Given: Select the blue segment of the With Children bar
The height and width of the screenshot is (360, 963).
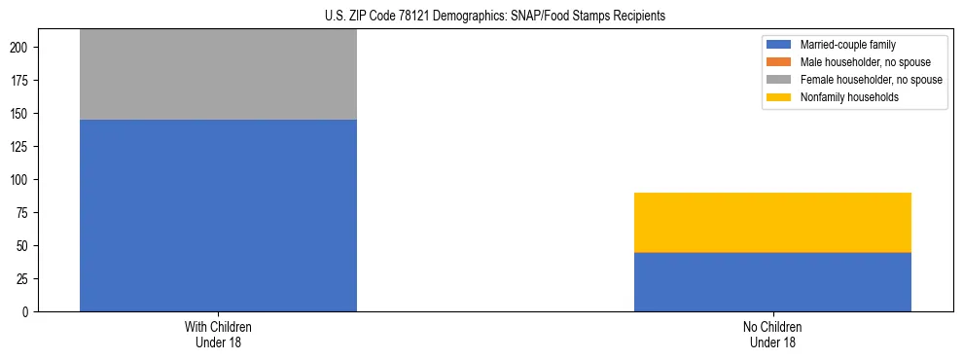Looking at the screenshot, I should point(218,215).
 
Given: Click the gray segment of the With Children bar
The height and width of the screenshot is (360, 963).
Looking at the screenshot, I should point(218,74).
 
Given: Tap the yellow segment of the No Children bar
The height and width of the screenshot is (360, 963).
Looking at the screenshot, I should point(772,222).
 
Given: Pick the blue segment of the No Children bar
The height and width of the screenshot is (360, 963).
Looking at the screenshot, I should point(772,281).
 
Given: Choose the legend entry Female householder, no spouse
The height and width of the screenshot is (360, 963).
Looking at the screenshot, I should point(871,80).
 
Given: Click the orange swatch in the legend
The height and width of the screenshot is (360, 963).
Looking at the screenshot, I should point(780,62).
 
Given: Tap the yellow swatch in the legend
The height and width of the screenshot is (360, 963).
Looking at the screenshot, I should point(780,97).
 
